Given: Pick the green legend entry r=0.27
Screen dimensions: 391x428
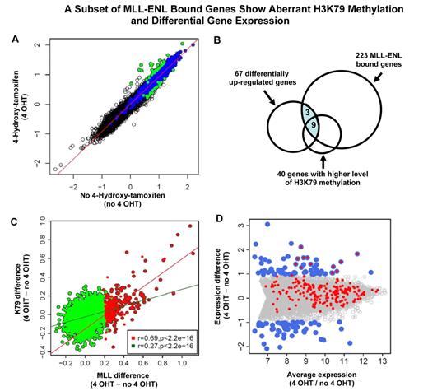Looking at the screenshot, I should pyautogui.click(x=165, y=347).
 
